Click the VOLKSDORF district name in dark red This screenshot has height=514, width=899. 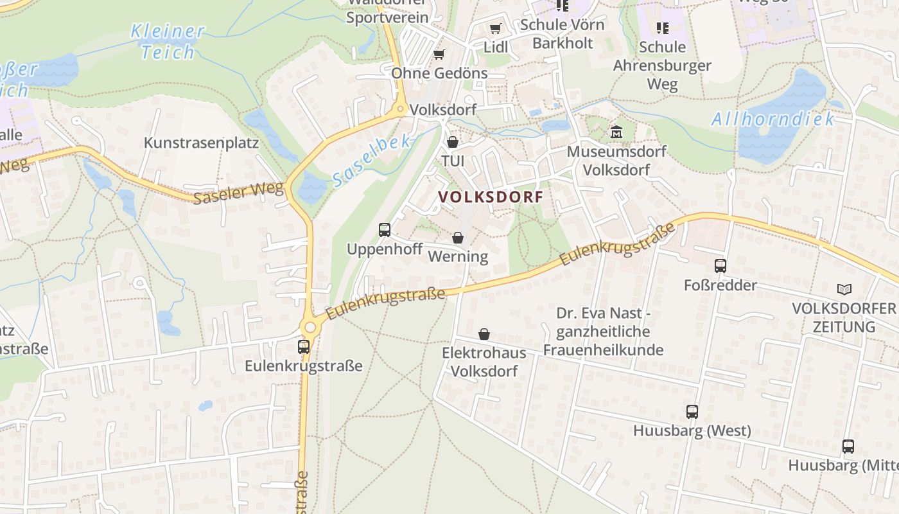(491, 197)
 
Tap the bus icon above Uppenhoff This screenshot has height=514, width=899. (385, 229)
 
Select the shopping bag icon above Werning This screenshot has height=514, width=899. (458, 238)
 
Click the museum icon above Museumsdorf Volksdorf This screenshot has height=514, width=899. (616, 132)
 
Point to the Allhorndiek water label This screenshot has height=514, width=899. (773, 119)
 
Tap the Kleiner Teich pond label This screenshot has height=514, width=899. (167, 41)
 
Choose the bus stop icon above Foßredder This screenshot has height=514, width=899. (720, 265)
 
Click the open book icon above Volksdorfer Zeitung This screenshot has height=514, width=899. (844, 289)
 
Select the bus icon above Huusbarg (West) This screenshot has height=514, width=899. (692, 411)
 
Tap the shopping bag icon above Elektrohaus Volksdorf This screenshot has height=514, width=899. (484, 334)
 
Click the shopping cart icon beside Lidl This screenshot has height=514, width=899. (495, 28)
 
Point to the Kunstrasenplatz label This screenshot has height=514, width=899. (201, 143)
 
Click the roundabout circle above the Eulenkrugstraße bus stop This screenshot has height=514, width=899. (311, 327)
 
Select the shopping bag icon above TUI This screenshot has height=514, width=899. (453, 141)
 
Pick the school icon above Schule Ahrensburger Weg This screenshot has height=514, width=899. (663, 28)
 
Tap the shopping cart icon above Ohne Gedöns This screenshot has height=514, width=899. (439, 54)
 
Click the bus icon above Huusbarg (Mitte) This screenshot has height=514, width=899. (848, 446)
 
